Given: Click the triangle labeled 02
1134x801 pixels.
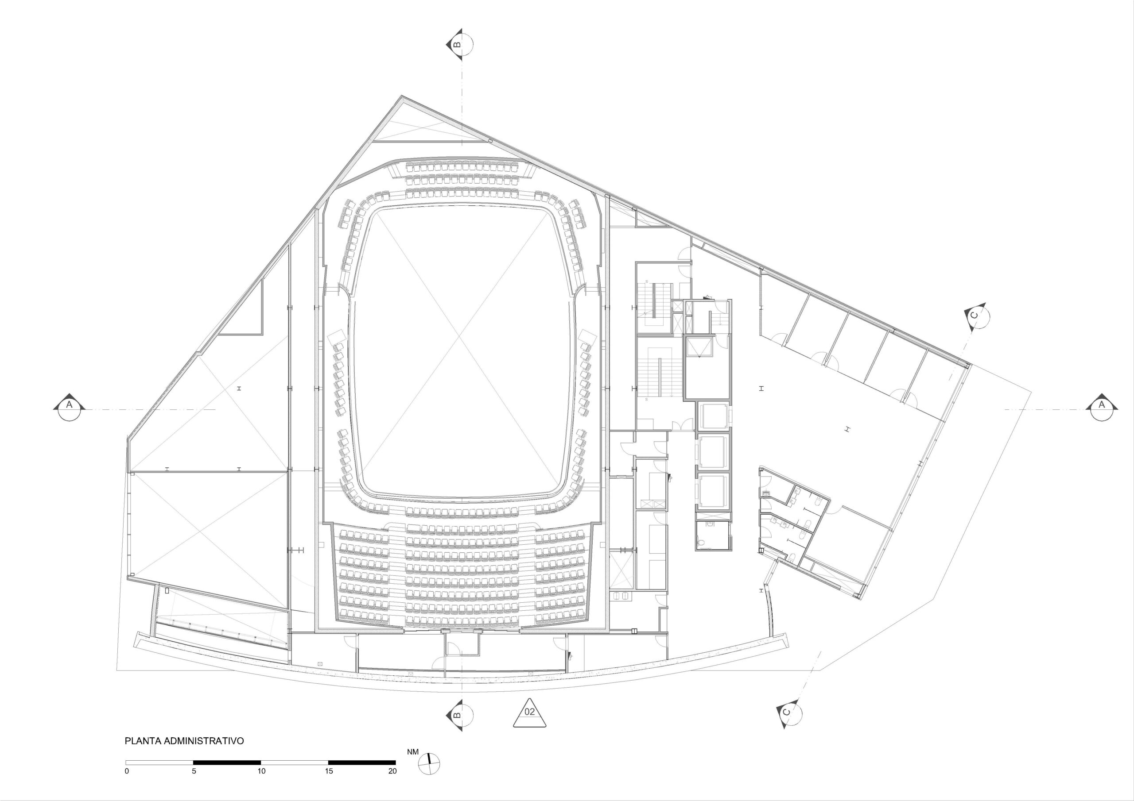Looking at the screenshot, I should pyautogui.click(x=529, y=712).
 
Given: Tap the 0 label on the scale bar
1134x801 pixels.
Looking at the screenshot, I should pyautogui.click(x=127, y=771).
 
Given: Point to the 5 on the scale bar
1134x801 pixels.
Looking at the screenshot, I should pyautogui.click(x=194, y=771).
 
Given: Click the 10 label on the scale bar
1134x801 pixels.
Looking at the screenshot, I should pyautogui.click(x=261, y=771).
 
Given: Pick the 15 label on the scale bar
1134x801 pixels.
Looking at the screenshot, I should pyautogui.click(x=329, y=771).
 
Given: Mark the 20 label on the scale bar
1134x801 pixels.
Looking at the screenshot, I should pyautogui.click(x=392, y=771).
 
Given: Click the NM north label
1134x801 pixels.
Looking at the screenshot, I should pyautogui.click(x=413, y=752).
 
